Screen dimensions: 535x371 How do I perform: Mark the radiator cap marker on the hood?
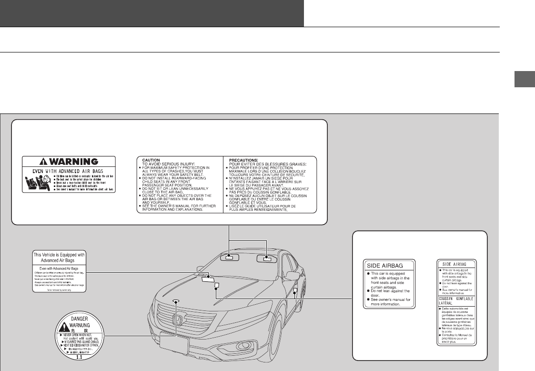click(x=176, y=301)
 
